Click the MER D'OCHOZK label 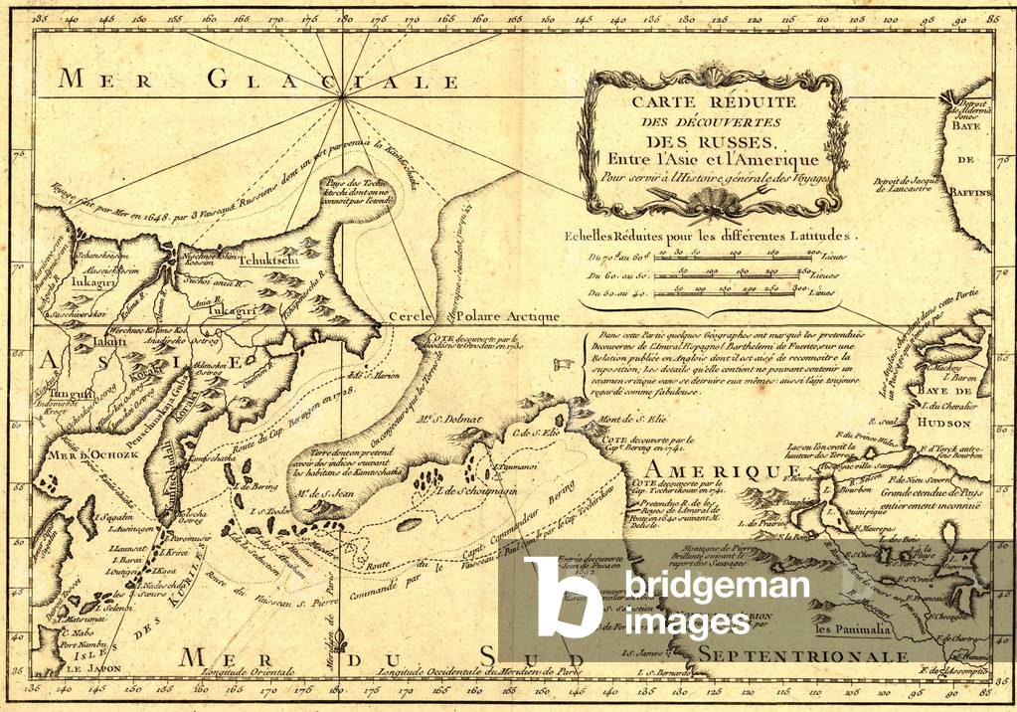[71, 455]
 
